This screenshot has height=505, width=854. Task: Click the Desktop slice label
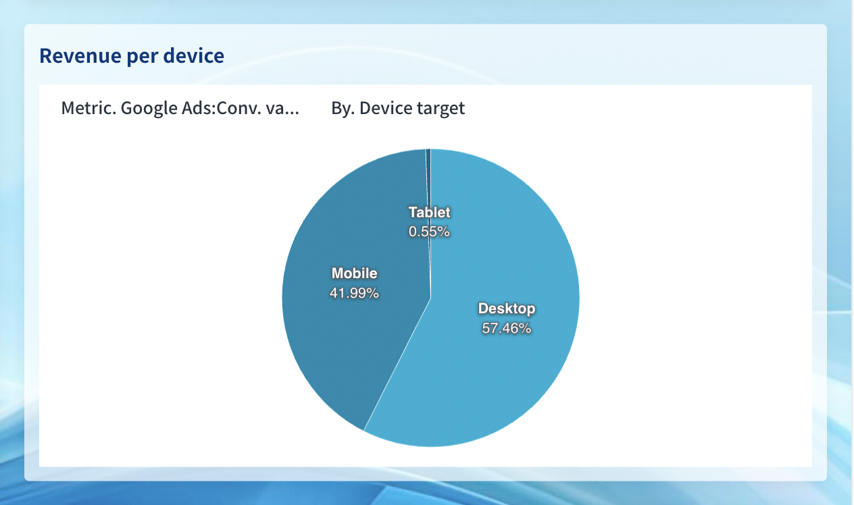pos(507,309)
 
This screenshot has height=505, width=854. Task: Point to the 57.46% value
pos(507,328)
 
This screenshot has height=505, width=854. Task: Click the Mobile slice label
pos(355,273)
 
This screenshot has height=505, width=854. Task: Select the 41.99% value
pos(355,293)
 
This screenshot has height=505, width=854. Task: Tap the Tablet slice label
pos(430,213)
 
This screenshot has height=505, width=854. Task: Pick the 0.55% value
pos(429,232)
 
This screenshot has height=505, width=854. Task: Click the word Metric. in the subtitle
pos(89,108)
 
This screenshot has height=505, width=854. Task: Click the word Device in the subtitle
pos(385,108)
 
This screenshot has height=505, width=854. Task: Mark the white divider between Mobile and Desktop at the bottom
pos(397,365)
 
